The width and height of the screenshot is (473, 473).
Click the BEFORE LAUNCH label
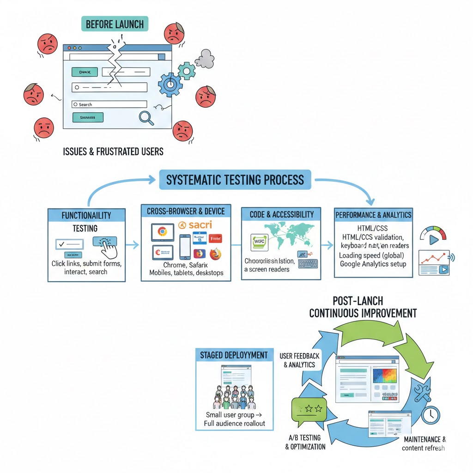click(x=115, y=24)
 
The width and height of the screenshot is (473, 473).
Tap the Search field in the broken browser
click(x=109, y=104)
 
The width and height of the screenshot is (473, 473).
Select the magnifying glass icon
click(x=146, y=118)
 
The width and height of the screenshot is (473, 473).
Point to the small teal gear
click(x=187, y=70)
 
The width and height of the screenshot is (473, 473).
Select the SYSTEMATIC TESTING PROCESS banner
click(x=235, y=180)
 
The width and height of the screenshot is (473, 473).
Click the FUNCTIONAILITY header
click(x=86, y=215)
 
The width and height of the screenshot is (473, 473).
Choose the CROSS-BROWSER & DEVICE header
click(x=186, y=211)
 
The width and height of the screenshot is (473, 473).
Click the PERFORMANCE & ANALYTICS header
click(x=373, y=215)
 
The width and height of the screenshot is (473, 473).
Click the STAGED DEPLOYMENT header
click(x=234, y=355)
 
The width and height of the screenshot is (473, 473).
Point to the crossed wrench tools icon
click(x=422, y=392)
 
